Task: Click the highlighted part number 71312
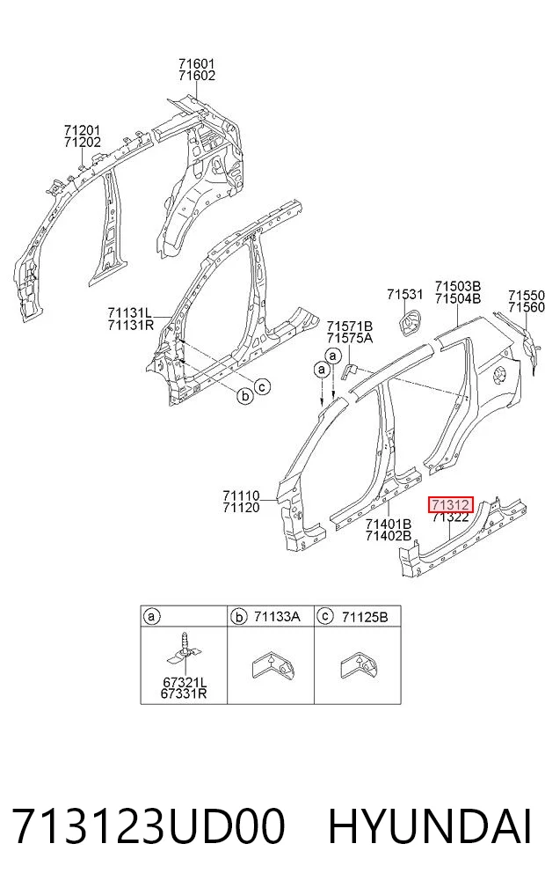pyautogui.click(x=450, y=505)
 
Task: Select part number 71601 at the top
pyautogui.click(x=196, y=64)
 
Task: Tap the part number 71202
pyautogui.click(x=83, y=143)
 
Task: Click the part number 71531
pyautogui.click(x=405, y=295)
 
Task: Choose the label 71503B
pyautogui.click(x=458, y=286)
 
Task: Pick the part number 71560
pyautogui.click(x=527, y=308)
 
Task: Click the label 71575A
pyautogui.click(x=350, y=338)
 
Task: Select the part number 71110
pyautogui.click(x=241, y=495)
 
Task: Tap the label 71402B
pyautogui.click(x=389, y=535)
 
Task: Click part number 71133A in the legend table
pyautogui.click(x=277, y=616)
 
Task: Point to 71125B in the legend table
pyautogui.click(x=365, y=616)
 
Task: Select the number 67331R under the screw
pyautogui.click(x=184, y=693)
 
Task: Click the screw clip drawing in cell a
pyautogui.click(x=184, y=650)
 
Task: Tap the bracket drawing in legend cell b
pyautogui.click(x=273, y=666)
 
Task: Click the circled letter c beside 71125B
pyautogui.click(x=325, y=616)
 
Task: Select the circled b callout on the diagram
pyautogui.click(x=244, y=395)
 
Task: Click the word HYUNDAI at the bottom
pyautogui.click(x=430, y=826)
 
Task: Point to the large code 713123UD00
pyautogui.click(x=149, y=826)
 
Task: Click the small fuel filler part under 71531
pyautogui.click(x=410, y=321)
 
